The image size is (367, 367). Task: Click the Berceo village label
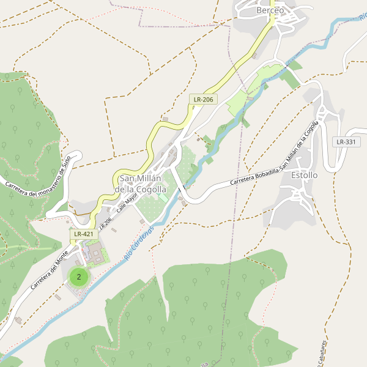[x=270, y=10]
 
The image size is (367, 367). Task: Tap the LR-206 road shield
[x=203, y=99]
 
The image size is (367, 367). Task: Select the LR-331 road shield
[x=346, y=142]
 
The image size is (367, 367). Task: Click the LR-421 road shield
[x=83, y=234]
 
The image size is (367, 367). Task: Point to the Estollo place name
[x=304, y=175]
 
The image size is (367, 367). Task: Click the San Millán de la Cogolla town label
[x=141, y=184]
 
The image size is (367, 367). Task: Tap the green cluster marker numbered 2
[x=79, y=276]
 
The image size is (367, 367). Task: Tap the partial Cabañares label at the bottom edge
[x=322, y=350]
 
